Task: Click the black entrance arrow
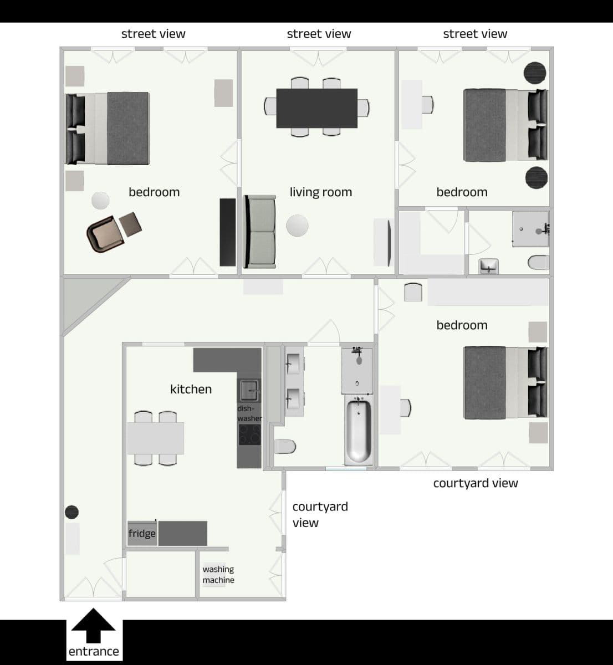point(94,626)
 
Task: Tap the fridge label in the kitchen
point(142,533)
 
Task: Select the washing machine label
point(218,575)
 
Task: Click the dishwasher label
point(249,413)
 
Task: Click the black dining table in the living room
point(317,108)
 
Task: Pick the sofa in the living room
point(260,231)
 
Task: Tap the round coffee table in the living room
point(297,226)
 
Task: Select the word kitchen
point(191,389)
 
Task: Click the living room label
point(320,192)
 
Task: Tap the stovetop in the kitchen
point(249,435)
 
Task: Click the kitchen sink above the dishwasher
point(249,390)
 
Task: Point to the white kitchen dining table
point(156,438)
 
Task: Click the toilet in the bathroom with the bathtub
point(285,446)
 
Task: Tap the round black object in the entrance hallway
point(71,512)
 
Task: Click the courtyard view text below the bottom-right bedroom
point(476,483)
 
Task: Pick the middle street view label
point(319,34)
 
